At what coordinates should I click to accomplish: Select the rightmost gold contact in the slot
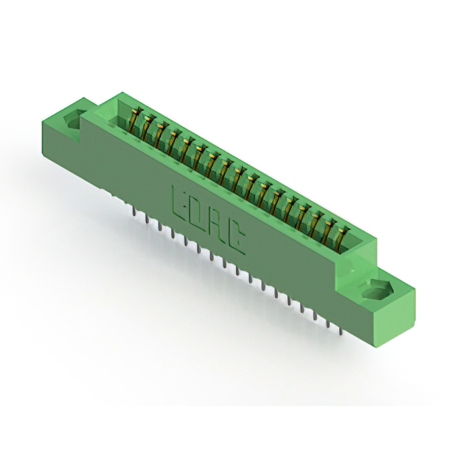341,237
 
